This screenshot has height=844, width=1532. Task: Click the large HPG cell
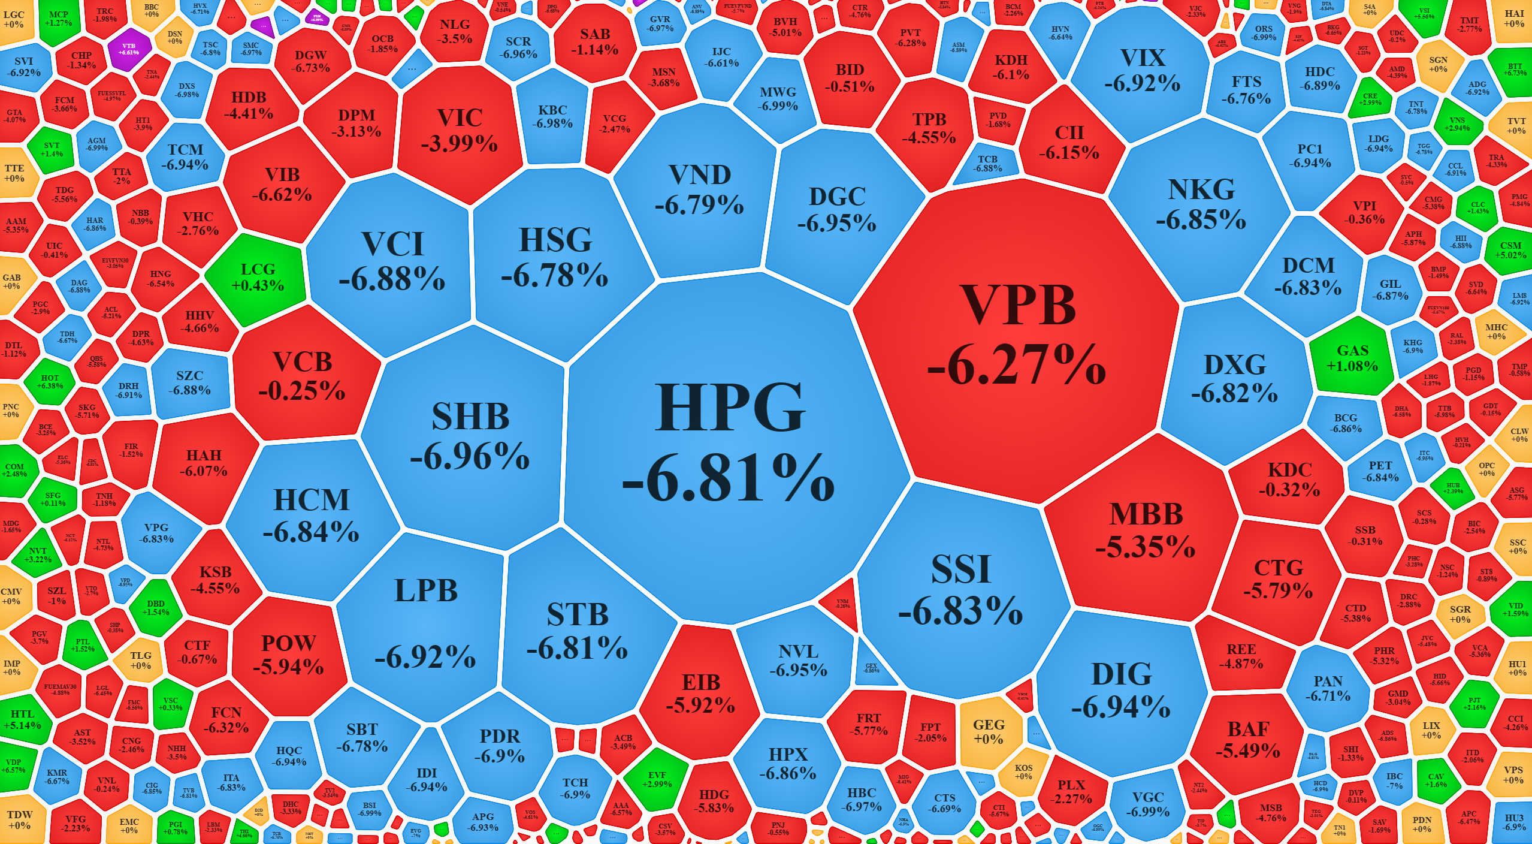point(729,444)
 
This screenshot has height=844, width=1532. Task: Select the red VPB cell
point(1017,336)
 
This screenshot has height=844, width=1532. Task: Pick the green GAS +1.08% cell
point(1352,358)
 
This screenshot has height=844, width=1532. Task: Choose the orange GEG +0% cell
point(989,731)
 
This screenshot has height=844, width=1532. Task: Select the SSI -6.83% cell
point(960,590)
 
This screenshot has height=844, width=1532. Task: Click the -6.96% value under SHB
point(470,457)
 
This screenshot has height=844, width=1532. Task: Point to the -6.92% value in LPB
point(425,656)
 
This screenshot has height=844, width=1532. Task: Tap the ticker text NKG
point(1201,190)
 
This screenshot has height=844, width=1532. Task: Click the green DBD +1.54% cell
point(156,607)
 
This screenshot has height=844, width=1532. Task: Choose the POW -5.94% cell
point(288,655)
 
